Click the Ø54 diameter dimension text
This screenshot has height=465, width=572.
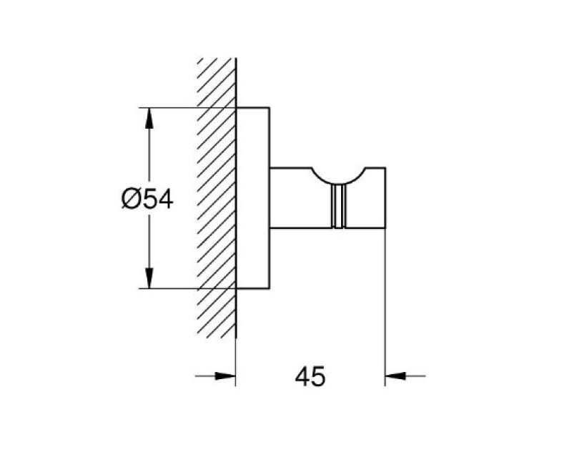147,200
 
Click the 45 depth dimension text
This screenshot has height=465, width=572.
310,377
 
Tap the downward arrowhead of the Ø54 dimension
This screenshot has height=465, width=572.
149,278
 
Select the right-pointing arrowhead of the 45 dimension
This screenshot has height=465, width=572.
225,376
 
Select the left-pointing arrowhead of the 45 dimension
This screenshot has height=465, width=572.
395,376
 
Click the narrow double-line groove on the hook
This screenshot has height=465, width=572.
338,206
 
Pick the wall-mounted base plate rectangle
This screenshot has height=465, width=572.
253,198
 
